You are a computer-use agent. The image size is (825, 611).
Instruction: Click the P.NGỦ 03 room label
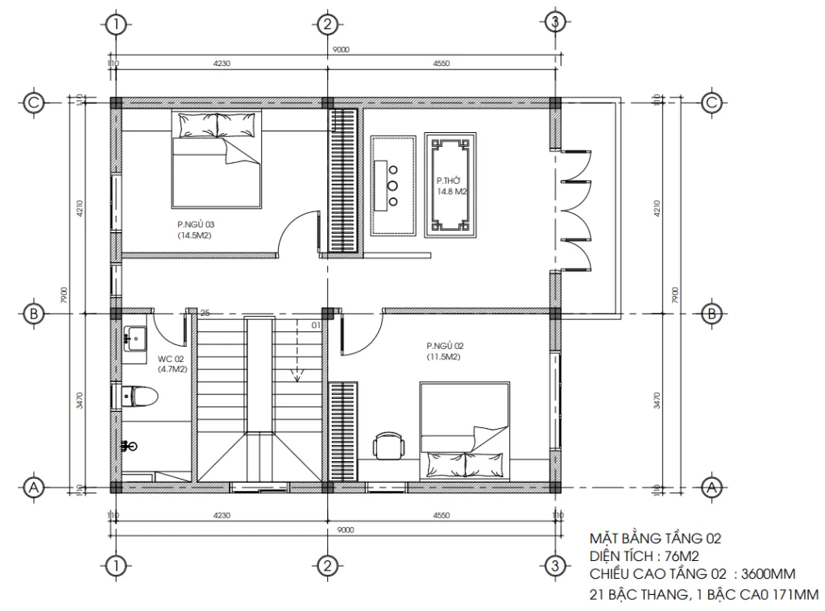click(195, 230)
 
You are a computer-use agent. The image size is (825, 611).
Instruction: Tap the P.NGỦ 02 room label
click(445, 350)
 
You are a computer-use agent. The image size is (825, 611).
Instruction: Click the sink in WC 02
click(133, 338)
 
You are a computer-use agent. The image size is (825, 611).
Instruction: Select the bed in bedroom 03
click(216, 159)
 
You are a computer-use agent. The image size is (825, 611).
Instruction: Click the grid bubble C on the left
click(33, 102)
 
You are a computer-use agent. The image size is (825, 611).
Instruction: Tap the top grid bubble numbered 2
click(326, 23)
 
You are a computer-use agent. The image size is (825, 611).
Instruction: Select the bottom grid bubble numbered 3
click(553, 565)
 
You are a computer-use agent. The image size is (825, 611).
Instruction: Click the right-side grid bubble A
click(711, 486)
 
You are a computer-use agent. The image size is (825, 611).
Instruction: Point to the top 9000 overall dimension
click(340, 49)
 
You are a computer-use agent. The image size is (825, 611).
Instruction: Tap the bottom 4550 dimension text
click(440, 515)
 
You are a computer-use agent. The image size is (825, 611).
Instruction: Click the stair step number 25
click(205, 314)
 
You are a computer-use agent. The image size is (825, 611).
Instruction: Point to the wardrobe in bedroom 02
click(344, 432)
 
